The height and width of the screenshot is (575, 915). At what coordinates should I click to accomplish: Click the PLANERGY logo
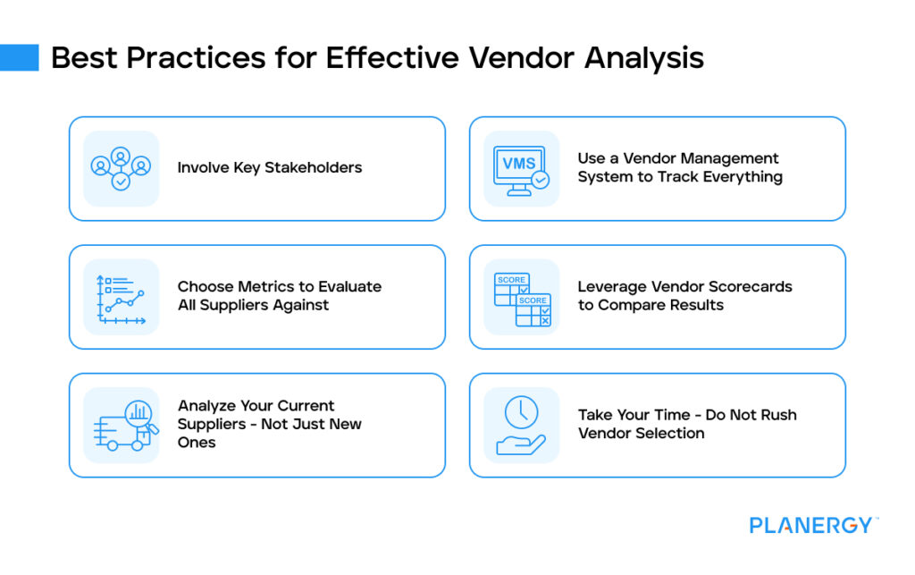click(x=812, y=525)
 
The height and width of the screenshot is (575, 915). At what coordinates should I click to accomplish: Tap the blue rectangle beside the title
click(x=19, y=57)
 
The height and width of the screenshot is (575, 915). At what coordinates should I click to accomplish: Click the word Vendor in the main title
click(x=521, y=57)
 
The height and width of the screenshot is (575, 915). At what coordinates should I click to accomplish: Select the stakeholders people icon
click(x=121, y=168)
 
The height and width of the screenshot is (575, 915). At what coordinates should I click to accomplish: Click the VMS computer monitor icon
click(x=521, y=168)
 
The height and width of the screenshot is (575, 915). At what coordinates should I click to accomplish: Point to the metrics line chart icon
click(x=121, y=297)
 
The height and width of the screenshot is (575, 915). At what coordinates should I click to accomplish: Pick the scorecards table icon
click(x=522, y=297)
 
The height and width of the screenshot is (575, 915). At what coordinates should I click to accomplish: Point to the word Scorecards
click(x=746, y=287)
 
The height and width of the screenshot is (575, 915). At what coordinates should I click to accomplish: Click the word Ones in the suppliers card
click(x=197, y=443)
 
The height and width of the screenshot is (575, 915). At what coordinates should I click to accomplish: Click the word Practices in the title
click(x=184, y=57)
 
